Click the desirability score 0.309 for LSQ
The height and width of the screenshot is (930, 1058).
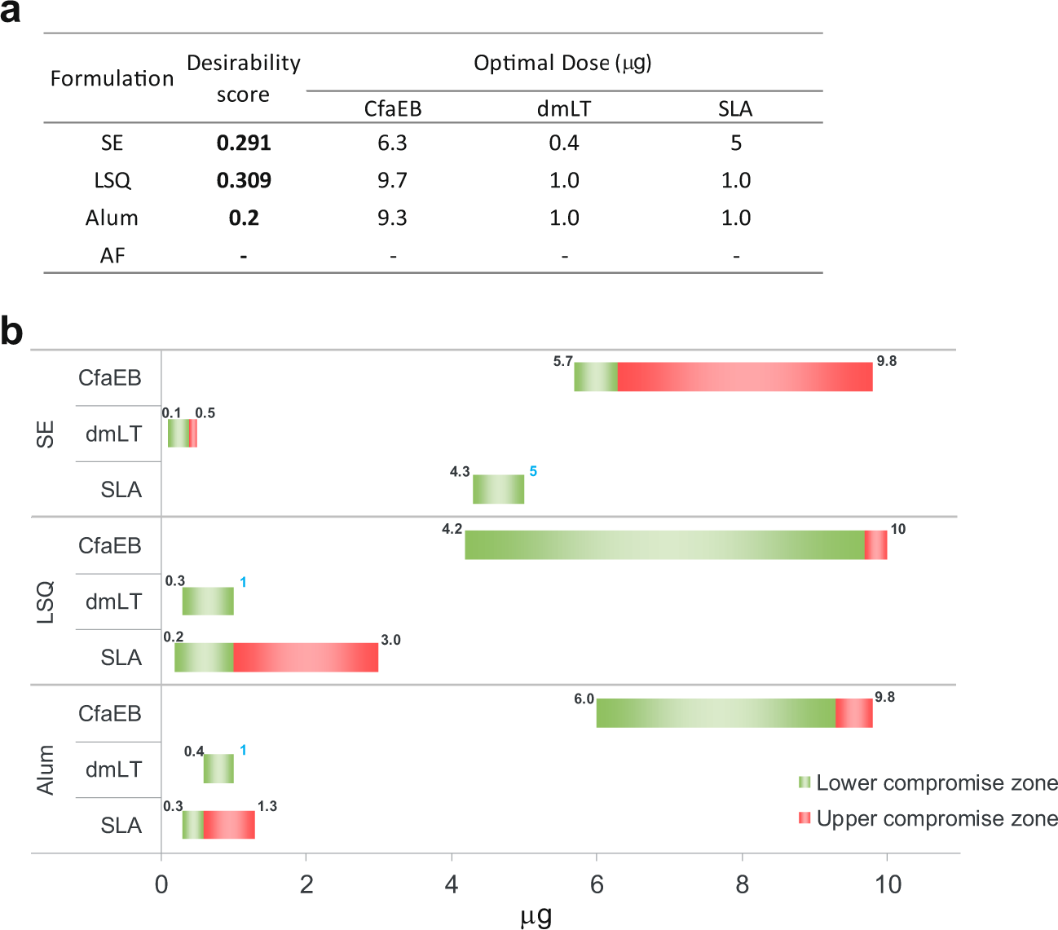[x=244, y=180]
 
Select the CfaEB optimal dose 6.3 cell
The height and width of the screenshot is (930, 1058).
[x=392, y=143]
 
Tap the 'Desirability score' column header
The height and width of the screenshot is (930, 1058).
[x=243, y=78]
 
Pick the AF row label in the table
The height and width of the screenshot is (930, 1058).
[x=112, y=256]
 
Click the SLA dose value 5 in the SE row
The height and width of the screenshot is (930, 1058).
[x=735, y=143]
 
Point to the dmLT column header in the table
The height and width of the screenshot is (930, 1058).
[x=563, y=108]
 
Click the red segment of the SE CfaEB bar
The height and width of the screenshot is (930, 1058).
[x=744, y=377]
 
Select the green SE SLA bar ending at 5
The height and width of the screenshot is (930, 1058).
[x=498, y=489]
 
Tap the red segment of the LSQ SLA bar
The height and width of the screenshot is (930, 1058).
[x=306, y=657]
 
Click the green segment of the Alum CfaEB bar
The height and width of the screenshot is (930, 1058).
[x=716, y=713]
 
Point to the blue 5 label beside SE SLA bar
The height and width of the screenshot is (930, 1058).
[x=533, y=471]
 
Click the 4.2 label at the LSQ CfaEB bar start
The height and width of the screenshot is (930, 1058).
[x=452, y=529]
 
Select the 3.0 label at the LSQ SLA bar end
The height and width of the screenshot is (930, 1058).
[x=390, y=640]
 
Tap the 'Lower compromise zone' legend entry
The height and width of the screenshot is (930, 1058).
[x=928, y=783]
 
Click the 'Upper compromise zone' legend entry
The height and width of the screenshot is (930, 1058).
[x=928, y=819]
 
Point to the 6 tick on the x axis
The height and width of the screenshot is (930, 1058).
[x=597, y=884]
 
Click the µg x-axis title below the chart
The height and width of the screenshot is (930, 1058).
[x=536, y=915]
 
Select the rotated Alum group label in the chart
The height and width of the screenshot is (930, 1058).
[x=46, y=769]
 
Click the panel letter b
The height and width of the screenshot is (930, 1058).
[x=12, y=332]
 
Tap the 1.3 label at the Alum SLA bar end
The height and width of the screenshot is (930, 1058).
[x=267, y=806]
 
